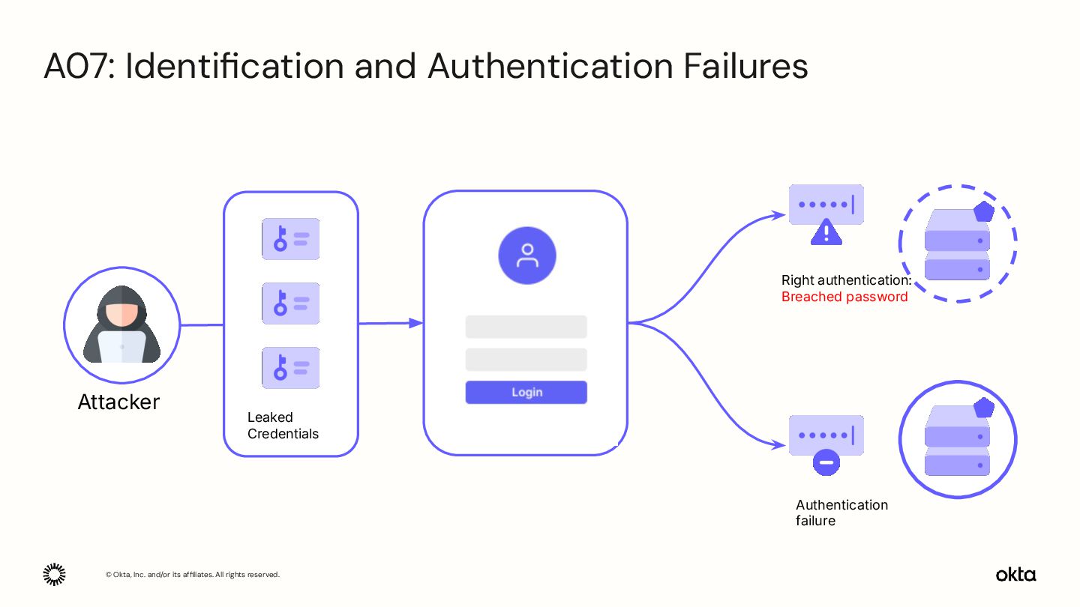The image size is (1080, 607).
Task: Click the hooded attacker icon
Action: (x=121, y=325)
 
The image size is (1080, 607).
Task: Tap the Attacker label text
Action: (x=118, y=402)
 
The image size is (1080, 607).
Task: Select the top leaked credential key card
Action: (x=290, y=239)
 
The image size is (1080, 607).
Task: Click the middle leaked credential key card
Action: (x=290, y=303)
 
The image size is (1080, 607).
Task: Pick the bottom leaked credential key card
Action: (x=290, y=368)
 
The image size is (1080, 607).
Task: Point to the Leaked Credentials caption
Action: (x=283, y=426)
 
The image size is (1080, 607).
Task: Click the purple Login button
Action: (x=526, y=393)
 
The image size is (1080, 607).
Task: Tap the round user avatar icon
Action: (x=527, y=256)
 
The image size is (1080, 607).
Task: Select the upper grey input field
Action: (x=526, y=327)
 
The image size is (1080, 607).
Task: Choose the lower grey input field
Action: (x=526, y=360)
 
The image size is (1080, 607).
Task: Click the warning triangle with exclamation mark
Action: (x=826, y=232)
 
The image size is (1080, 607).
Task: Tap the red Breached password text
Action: (x=844, y=297)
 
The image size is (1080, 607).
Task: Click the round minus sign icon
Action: (x=826, y=462)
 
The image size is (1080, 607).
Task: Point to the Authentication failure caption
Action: (x=841, y=513)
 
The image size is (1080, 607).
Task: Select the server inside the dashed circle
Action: (x=958, y=244)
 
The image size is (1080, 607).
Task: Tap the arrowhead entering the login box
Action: (x=415, y=323)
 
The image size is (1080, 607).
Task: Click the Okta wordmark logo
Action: (x=1015, y=575)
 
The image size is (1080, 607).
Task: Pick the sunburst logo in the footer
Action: (x=54, y=574)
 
